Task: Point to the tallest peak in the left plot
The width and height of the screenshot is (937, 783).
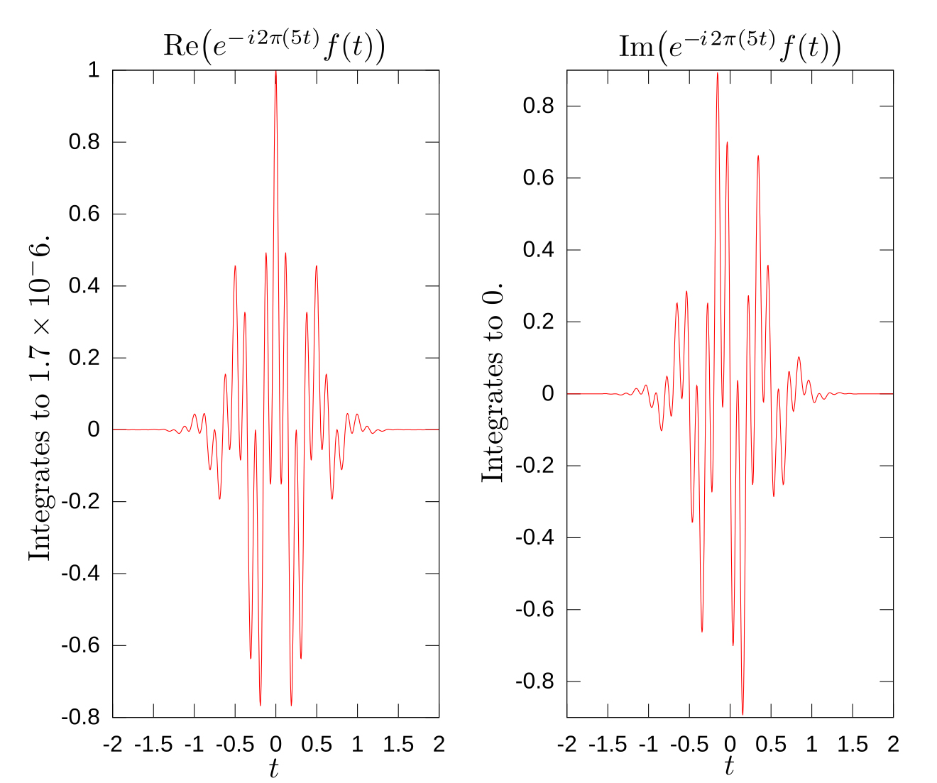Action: [x=275, y=72]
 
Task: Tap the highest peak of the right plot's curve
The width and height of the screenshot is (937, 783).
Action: [x=718, y=74]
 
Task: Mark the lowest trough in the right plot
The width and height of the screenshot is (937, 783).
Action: [x=743, y=713]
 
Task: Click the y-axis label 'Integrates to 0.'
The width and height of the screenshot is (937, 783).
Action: [x=493, y=381]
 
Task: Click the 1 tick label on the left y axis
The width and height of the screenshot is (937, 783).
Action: [x=93, y=70]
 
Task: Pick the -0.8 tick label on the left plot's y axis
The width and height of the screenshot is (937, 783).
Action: [x=80, y=717]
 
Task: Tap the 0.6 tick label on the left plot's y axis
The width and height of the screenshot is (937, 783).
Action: [x=84, y=214]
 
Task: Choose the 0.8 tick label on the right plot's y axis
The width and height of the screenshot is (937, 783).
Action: [x=538, y=106]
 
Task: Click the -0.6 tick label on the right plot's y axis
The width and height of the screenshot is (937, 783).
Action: [x=535, y=609]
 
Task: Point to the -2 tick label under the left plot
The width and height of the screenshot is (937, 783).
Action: [x=112, y=744]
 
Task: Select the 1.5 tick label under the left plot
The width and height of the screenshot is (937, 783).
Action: [x=398, y=744]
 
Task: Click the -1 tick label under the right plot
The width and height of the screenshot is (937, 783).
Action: [x=648, y=744]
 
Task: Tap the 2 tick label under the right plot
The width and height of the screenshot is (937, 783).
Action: [x=893, y=744]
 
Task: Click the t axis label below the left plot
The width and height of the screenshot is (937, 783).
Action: [x=274, y=768]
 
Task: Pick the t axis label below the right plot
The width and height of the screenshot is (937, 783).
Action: [x=729, y=767]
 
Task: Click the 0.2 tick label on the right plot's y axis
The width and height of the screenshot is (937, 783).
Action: [x=538, y=322]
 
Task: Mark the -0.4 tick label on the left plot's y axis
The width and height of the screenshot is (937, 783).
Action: [x=80, y=574]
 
